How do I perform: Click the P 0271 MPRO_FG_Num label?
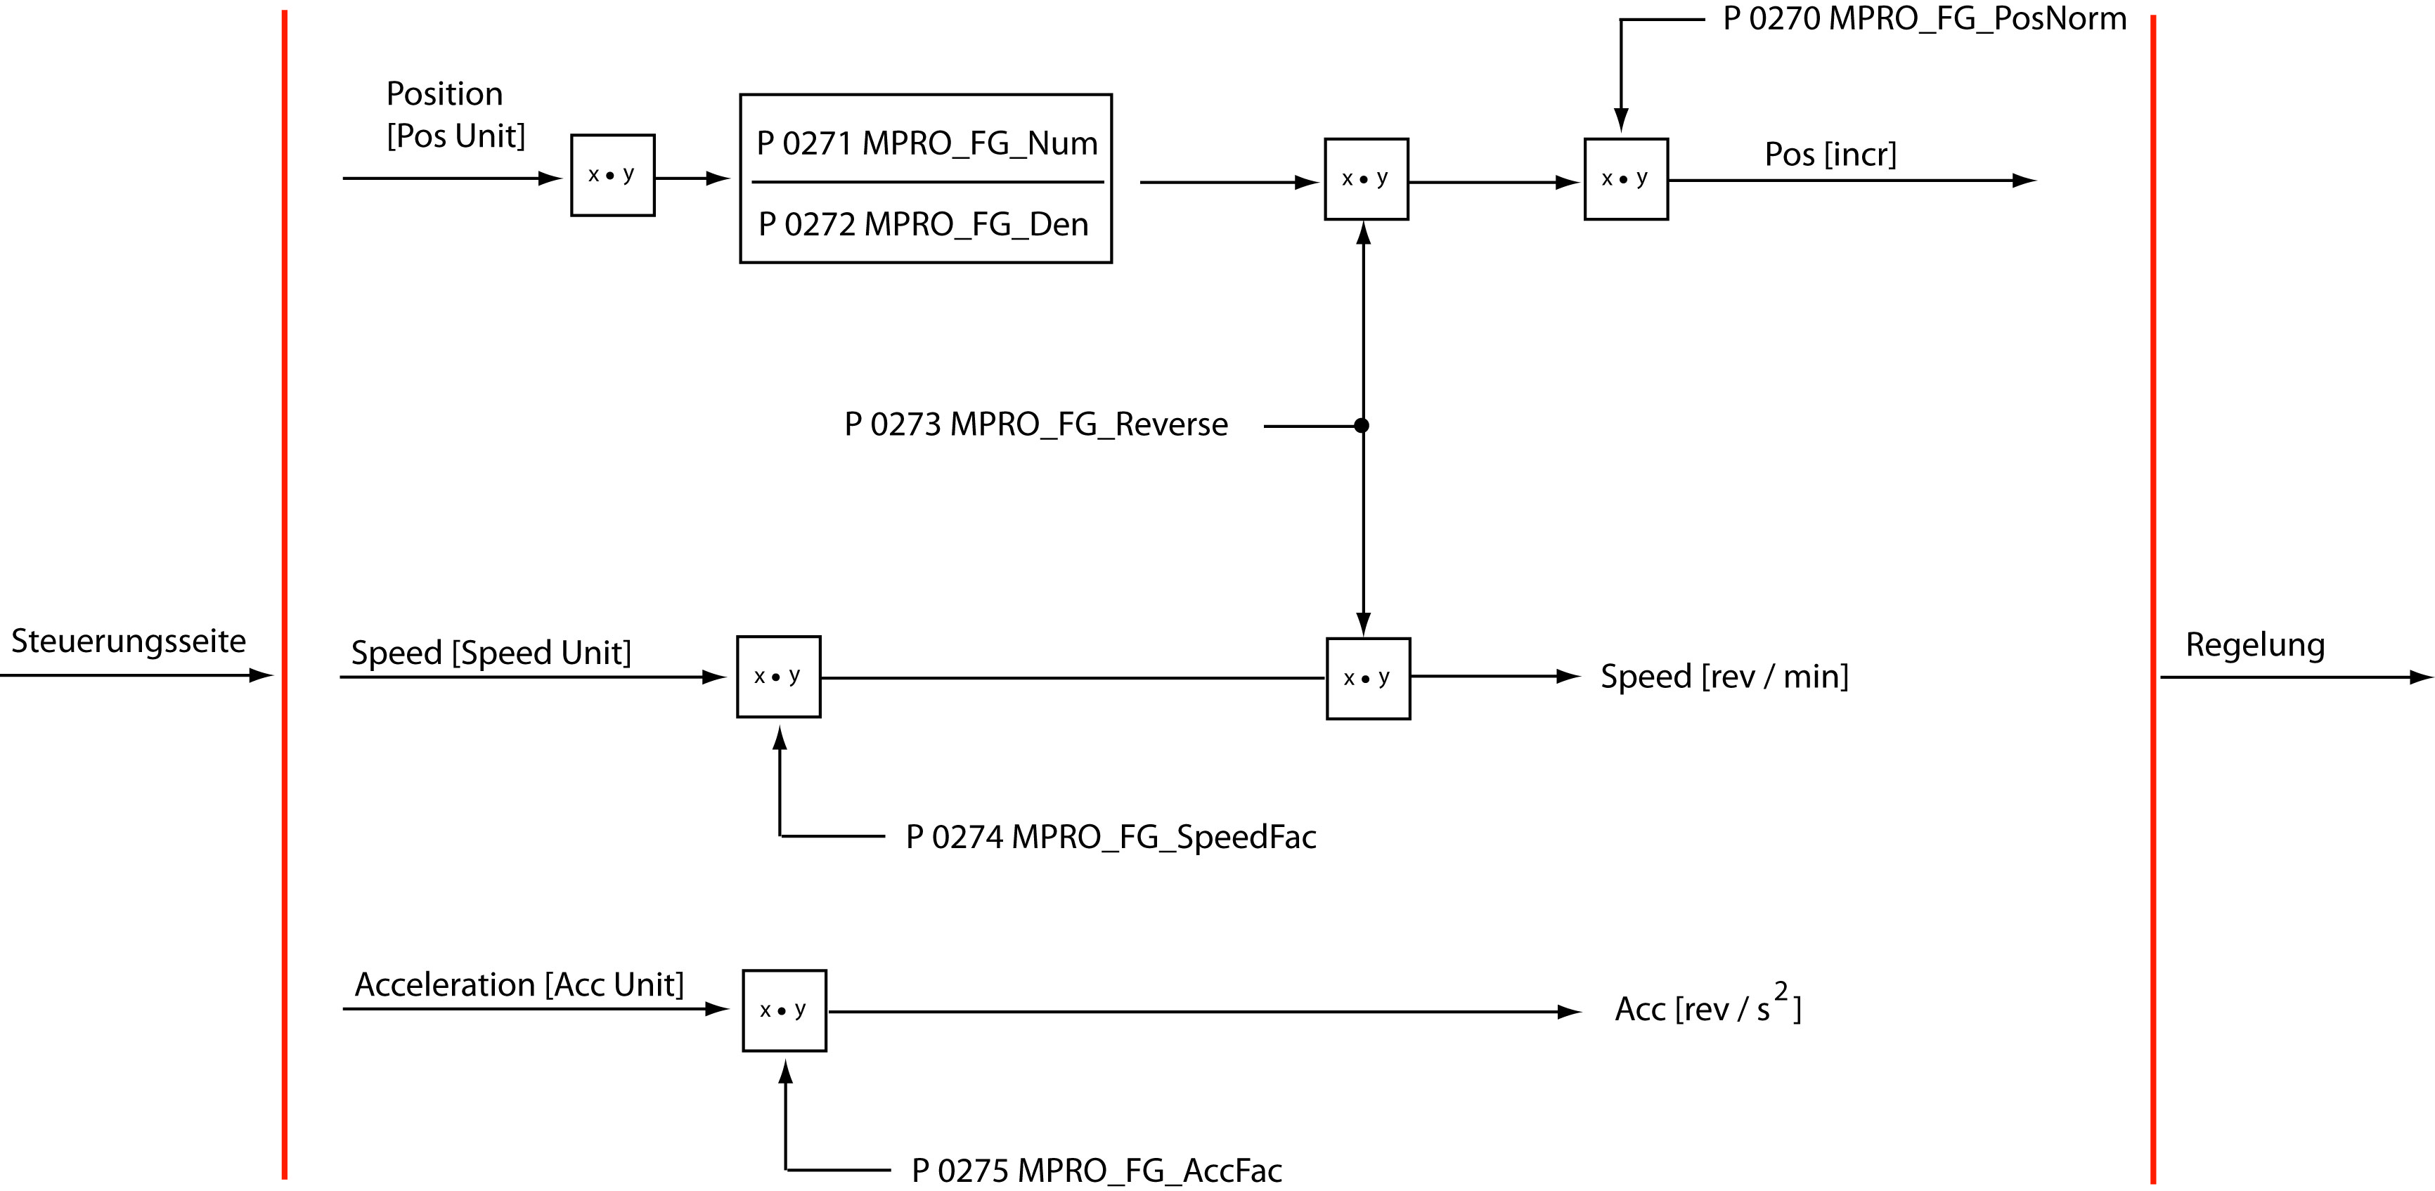click(926, 143)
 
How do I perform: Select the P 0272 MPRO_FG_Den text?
click(924, 225)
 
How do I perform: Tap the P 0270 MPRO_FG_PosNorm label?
click(1925, 19)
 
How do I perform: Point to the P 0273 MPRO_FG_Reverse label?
click(1036, 425)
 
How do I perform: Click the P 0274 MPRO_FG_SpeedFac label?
click(1111, 838)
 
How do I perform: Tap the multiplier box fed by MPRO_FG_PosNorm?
click(1626, 180)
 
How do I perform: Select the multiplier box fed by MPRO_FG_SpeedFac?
click(779, 677)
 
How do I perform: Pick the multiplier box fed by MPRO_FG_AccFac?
click(784, 1010)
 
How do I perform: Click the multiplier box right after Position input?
click(612, 176)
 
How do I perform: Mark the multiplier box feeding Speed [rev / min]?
click(1368, 679)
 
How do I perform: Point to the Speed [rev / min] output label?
click(1724, 677)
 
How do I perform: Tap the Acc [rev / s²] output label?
click(1707, 1008)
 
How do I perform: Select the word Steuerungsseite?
click(129, 642)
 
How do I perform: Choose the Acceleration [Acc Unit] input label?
click(519, 985)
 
